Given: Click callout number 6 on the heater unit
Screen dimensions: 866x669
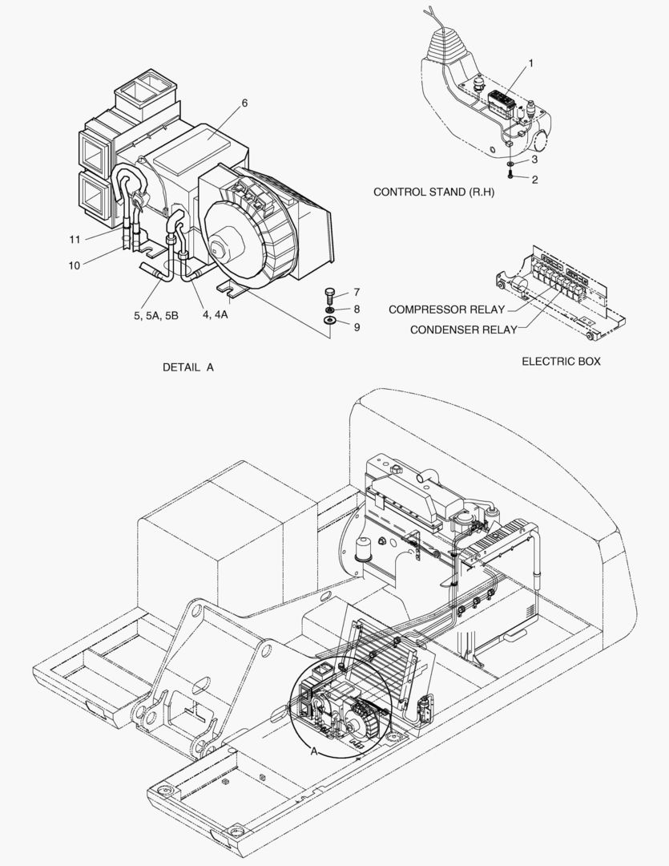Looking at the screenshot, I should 244,103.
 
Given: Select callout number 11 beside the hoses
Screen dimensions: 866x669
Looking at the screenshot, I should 75,239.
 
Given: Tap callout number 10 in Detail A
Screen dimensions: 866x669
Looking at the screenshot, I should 74,265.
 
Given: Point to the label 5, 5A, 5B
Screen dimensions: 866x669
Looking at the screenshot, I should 156,316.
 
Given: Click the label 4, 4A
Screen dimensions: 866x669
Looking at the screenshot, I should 216,316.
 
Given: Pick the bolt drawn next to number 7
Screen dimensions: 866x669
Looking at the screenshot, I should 330,293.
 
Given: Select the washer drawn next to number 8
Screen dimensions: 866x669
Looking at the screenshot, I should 330,309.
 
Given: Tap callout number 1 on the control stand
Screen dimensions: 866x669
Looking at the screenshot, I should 530,62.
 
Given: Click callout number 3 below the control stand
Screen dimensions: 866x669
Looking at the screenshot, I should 534,160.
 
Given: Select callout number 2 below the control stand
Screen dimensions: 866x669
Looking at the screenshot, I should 534,180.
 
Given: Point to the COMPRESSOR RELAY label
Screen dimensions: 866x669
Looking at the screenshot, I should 446,310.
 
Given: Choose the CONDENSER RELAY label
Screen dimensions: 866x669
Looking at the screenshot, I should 463,330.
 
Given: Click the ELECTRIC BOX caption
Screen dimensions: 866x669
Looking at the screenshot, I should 561,362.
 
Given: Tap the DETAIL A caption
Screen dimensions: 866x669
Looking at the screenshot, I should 188,367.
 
